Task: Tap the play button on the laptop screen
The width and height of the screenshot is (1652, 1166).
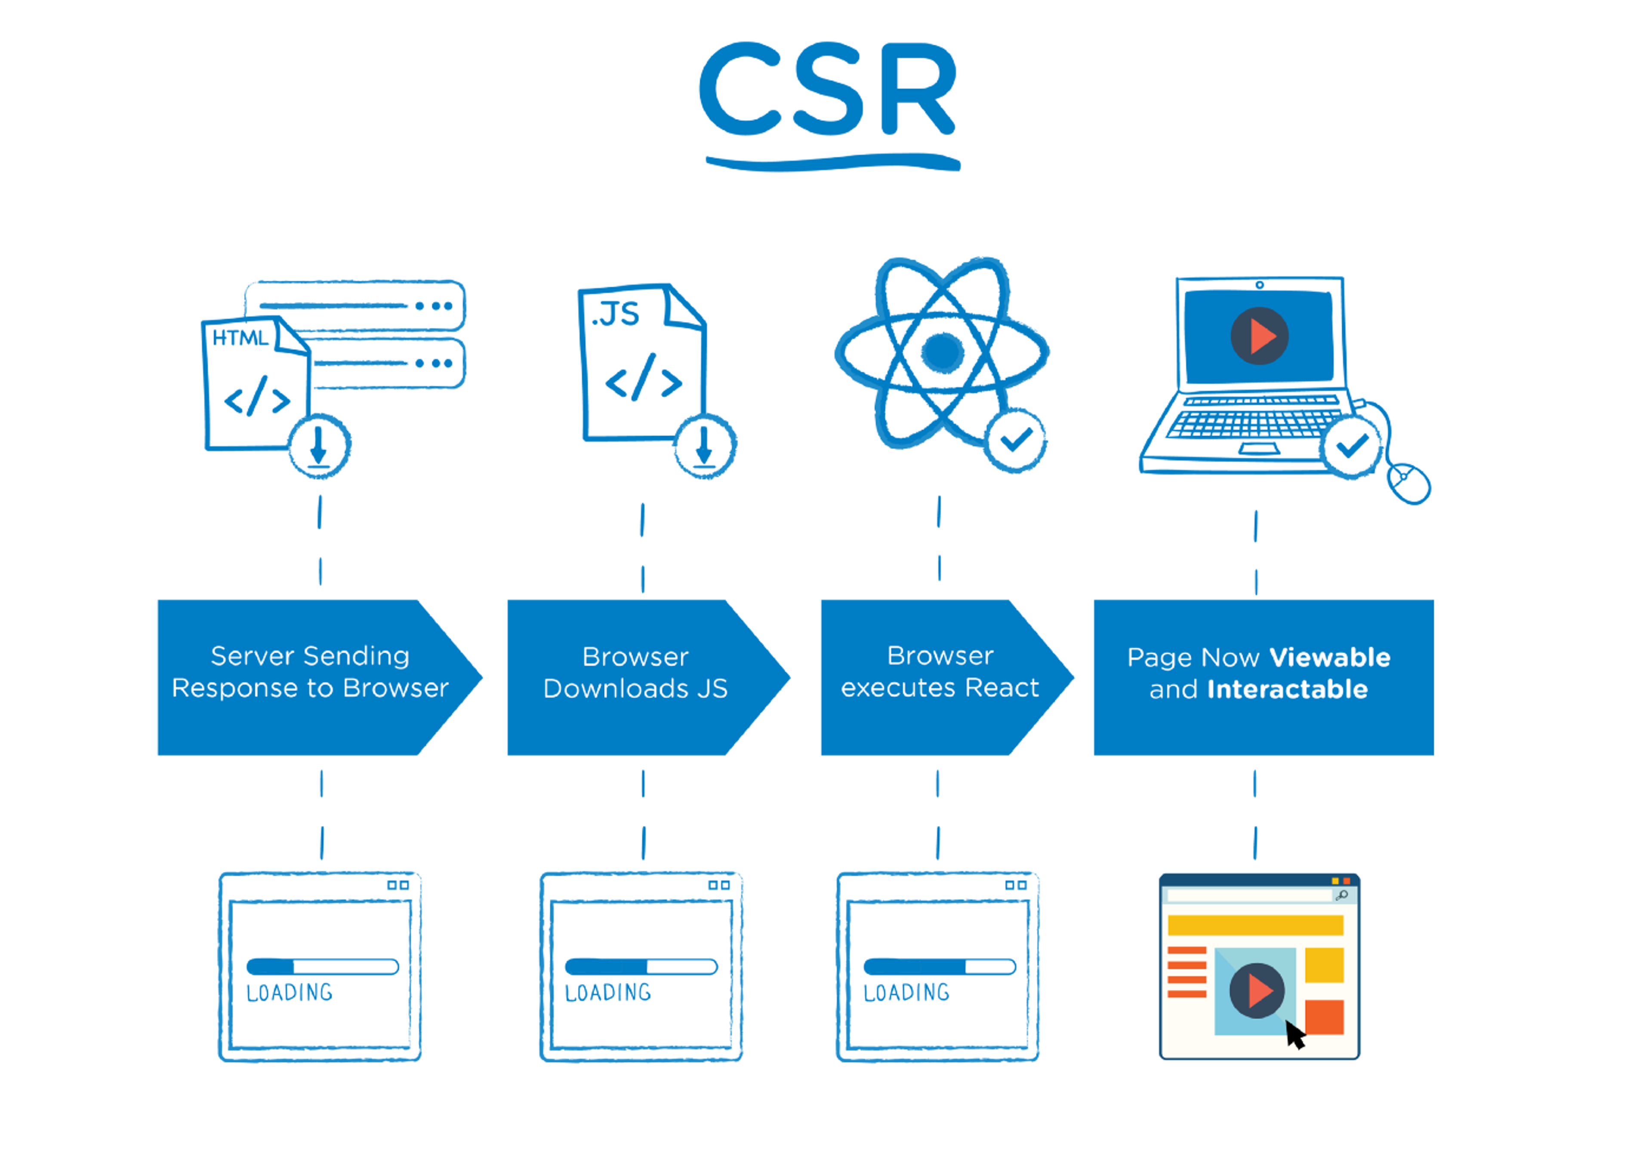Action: (1259, 336)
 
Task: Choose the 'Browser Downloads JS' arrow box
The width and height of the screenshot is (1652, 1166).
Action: (636, 677)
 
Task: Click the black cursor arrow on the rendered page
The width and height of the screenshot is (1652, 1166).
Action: (1294, 1036)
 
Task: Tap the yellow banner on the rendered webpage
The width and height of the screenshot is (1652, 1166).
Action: (1255, 925)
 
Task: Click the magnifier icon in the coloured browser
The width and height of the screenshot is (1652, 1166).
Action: (1341, 895)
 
